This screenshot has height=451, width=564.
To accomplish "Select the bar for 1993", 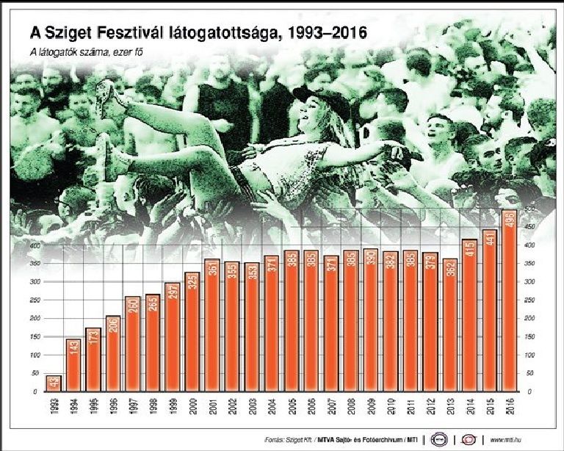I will point(53,383).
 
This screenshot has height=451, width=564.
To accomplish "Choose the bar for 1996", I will point(112,353).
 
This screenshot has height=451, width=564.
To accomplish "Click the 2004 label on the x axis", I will point(271,405).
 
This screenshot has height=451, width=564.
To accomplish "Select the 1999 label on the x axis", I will point(173,405).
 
